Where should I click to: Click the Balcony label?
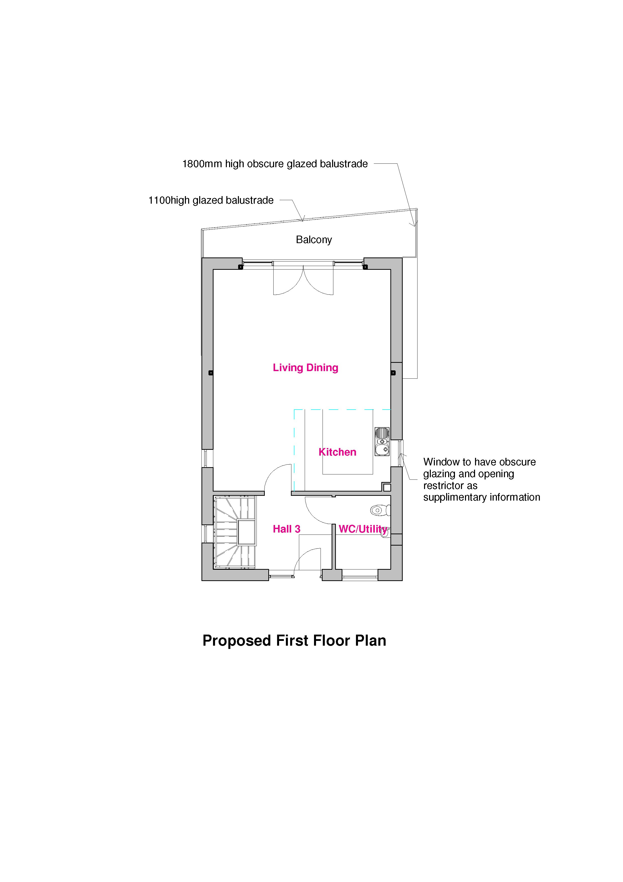click(x=314, y=240)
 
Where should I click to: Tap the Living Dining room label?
click(x=305, y=368)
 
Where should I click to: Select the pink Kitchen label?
click(x=337, y=452)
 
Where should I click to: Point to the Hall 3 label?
click(x=287, y=529)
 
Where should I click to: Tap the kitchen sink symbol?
click(x=382, y=442)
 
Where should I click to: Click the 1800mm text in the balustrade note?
click(x=202, y=164)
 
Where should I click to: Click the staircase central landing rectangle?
click(x=246, y=532)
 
